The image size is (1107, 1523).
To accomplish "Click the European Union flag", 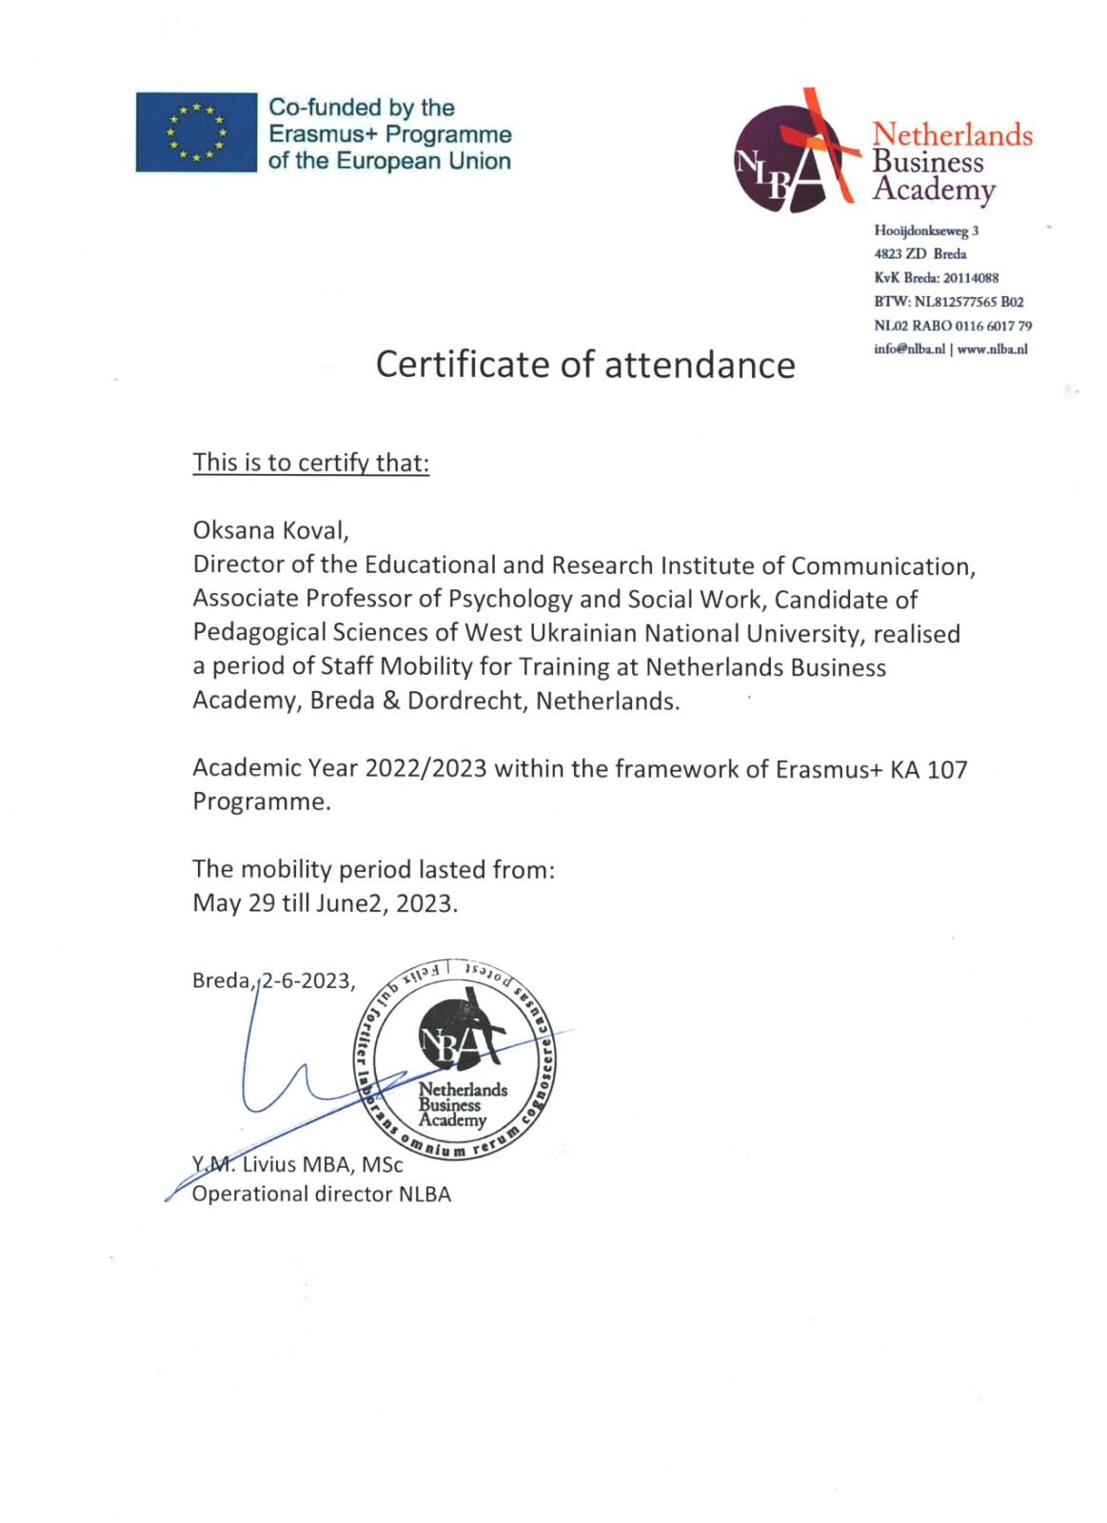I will click(x=196, y=132).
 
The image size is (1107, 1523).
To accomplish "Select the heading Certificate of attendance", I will click(x=585, y=365).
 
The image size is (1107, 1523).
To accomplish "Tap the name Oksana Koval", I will click(x=270, y=530).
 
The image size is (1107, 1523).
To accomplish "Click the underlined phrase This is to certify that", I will click(x=310, y=463).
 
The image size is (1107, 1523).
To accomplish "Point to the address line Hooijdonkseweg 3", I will click(x=926, y=230).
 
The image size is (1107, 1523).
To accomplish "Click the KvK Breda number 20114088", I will click(x=971, y=278).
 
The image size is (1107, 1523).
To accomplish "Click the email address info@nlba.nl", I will click(x=909, y=349).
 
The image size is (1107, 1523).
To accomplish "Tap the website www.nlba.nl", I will click(x=992, y=349).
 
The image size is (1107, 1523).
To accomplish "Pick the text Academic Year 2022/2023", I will click(x=340, y=768).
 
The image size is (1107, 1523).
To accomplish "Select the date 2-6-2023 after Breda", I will click(x=306, y=980).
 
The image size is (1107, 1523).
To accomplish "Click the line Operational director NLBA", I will click(x=322, y=1195).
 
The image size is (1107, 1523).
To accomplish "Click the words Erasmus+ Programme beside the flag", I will click(x=390, y=134).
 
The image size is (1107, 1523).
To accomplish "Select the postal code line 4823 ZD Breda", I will click(x=920, y=254).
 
